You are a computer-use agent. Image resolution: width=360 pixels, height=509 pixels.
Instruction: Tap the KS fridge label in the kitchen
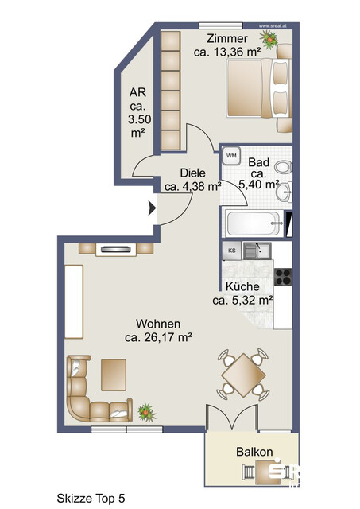click(x=232, y=251)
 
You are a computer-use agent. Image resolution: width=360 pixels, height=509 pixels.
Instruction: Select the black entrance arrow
click(x=152, y=210)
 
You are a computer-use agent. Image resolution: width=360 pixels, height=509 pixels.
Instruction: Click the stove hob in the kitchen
click(x=283, y=277)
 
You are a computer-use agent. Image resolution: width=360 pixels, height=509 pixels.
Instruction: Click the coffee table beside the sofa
click(x=114, y=373)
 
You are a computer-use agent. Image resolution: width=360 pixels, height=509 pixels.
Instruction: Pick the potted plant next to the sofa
click(x=145, y=412)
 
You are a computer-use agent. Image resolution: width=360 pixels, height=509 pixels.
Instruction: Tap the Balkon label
click(x=254, y=452)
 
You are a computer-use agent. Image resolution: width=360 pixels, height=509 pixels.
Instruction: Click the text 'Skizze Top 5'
click(x=91, y=498)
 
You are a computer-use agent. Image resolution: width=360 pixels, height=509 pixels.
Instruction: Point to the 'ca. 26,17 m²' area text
click(x=159, y=337)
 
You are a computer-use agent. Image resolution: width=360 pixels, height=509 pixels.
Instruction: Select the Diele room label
click(x=192, y=173)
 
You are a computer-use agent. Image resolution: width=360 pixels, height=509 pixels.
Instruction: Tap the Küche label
click(x=243, y=287)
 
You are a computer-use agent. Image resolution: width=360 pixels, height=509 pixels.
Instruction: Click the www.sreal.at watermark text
click(x=280, y=25)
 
